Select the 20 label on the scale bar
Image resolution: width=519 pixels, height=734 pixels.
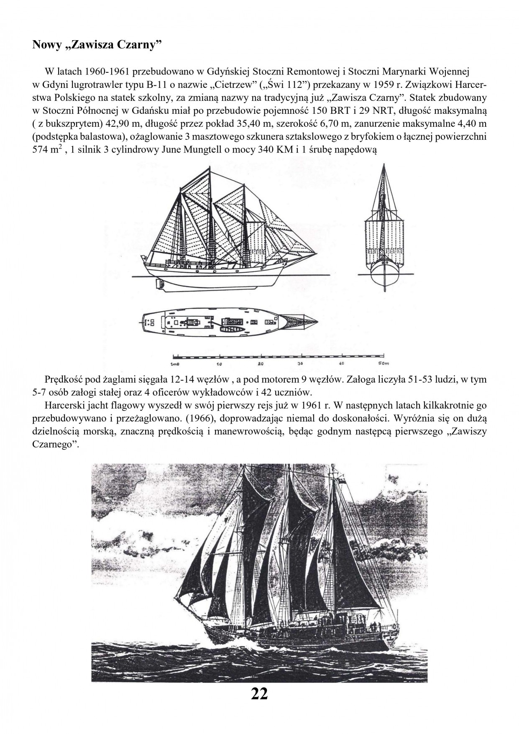[261, 364]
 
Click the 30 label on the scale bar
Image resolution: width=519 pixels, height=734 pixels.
[301, 364]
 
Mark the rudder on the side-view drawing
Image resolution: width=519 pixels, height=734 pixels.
[159, 283]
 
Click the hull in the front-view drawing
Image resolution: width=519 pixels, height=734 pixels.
[383, 272]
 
